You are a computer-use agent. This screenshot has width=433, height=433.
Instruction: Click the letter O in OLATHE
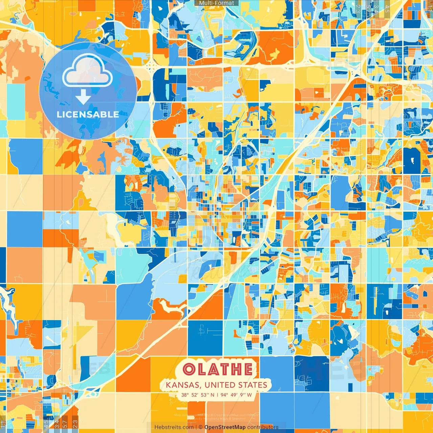189,369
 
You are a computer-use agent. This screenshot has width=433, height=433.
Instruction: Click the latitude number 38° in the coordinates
185,395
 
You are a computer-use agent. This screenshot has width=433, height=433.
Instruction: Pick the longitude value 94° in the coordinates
224,395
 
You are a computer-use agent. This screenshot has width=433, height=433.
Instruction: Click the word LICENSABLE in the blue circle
88,114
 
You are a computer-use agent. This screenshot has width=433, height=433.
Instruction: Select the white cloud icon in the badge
88,71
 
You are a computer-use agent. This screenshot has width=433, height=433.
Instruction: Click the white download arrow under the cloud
83,97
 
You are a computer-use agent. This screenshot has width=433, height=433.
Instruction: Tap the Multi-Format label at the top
216,3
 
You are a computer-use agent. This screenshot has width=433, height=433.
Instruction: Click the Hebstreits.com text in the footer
174,427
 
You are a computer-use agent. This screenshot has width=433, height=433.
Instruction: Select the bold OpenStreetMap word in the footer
225,427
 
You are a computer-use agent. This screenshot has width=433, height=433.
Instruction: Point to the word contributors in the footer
263,427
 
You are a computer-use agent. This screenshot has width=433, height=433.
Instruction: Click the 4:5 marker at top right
387,8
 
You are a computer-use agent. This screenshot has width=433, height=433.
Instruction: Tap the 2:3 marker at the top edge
358,8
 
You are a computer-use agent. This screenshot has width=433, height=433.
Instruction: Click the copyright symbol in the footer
200,427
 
